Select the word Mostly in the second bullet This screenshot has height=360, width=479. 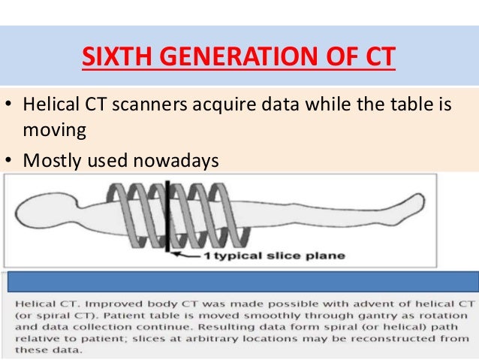pyautogui.click(x=50, y=159)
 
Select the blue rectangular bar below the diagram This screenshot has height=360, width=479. pyautogui.click(x=240, y=280)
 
